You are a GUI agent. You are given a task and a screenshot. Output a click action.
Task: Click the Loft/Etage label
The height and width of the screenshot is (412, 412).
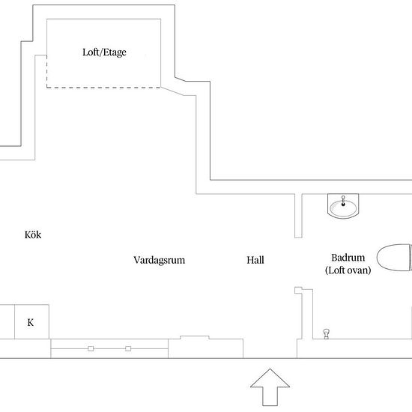[x=104, y=52]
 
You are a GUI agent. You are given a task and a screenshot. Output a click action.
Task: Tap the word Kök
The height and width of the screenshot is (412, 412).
[x=33, y=234]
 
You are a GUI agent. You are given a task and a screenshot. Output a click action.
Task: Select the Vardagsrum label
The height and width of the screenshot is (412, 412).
[x=160, y=260]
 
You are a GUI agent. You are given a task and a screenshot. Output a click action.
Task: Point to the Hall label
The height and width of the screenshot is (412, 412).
[x=255, y=260]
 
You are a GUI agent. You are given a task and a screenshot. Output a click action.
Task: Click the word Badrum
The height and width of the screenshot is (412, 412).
[x=348, y=258]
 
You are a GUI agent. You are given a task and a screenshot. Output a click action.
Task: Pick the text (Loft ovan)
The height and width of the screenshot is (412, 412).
[x=348, y=270]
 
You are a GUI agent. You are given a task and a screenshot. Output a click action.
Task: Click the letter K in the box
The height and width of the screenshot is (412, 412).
[x=31, y=322]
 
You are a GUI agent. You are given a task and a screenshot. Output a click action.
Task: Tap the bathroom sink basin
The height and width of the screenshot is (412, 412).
[x=343, y=207]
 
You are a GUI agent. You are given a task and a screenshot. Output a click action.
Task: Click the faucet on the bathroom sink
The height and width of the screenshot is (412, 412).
[x=343, y=201]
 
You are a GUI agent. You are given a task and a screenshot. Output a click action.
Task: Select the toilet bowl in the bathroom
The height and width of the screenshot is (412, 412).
[x=394, y=258]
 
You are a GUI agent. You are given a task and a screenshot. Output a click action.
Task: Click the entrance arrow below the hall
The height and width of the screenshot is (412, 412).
[x=270, y=387]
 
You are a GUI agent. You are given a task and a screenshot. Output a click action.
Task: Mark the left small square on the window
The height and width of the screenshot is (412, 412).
[x=91, y=348]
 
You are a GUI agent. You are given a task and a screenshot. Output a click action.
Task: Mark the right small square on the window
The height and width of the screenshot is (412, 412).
[x=128, y=348]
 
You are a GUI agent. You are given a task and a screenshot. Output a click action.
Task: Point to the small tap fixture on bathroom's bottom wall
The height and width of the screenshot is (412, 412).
[x=327, y=333]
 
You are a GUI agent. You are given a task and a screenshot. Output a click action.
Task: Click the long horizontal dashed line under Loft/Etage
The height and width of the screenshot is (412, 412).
[x=104, y=88]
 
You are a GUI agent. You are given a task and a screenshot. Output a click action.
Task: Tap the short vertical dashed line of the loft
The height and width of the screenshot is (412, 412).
[x=46, y=71]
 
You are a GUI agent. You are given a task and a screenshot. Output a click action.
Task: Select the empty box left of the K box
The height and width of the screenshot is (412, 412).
[x=7, y=322]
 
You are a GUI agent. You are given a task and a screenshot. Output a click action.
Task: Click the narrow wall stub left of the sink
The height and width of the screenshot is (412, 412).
[x=298, y=216]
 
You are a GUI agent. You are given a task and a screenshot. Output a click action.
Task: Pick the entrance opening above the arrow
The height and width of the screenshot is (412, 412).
[x=270, y=348]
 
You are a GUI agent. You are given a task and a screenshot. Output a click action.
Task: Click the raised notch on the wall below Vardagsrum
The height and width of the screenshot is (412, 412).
[x=195, y=337]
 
